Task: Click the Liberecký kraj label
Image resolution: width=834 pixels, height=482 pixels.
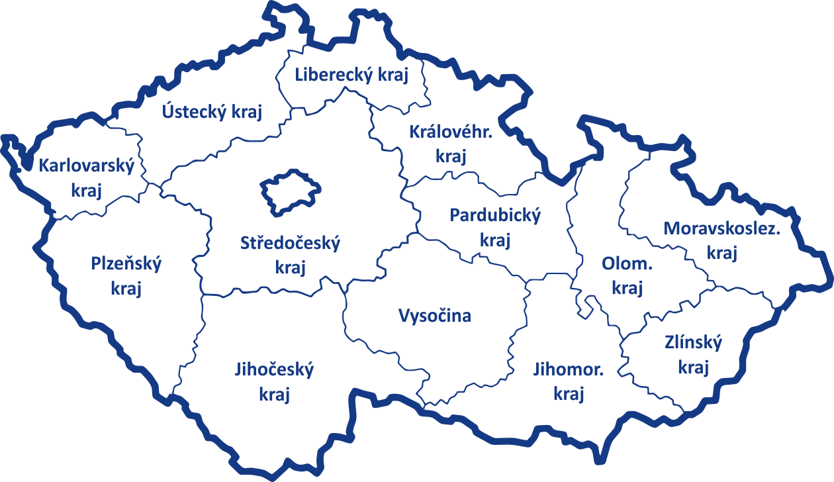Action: (351, 74)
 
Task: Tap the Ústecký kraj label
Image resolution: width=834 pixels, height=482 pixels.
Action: (212, 111)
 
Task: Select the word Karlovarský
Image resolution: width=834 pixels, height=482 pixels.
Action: (87, 166)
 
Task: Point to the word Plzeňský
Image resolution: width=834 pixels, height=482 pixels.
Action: (126, 264)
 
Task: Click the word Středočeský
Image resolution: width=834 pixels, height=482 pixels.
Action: (290, 244)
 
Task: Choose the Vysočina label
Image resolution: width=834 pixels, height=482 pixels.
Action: (435, 316)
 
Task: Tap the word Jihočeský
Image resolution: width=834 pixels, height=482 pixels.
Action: (275, 369)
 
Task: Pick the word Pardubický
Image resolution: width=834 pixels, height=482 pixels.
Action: (495, 215)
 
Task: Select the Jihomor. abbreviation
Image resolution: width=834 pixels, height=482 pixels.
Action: (569, 369)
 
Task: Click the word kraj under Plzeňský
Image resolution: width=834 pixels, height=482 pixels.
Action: (126, 289)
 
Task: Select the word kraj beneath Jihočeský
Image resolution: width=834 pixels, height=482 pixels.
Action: (275, 395)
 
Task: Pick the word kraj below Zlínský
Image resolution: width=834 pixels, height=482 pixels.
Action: (693, 368)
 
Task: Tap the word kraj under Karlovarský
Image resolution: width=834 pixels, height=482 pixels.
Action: (87, 191)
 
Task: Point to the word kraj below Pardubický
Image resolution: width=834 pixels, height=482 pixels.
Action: (495, 241)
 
